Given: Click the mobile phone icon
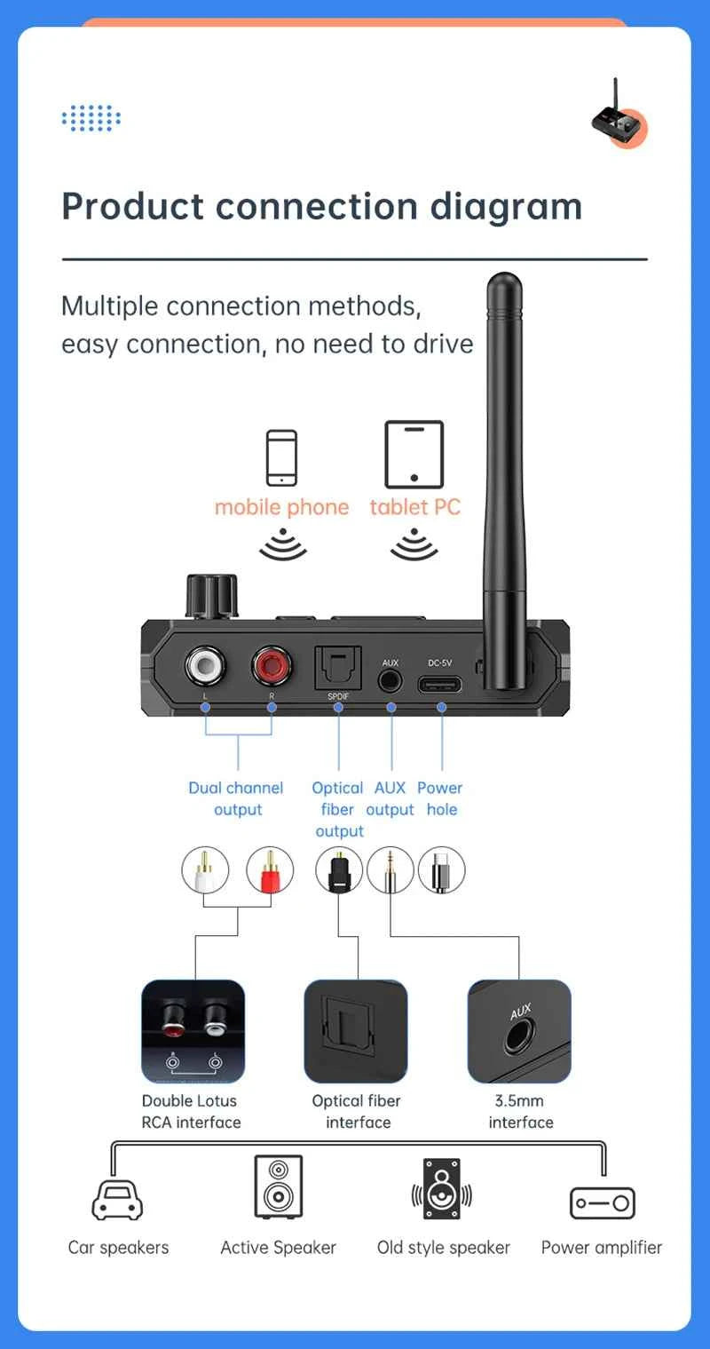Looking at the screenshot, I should click(282, 457).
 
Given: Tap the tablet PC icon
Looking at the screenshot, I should click(414, 455).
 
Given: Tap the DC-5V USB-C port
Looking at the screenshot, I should click(441, 684).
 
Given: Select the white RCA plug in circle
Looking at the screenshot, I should click(205, 870).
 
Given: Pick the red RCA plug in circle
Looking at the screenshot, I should click(271, 870).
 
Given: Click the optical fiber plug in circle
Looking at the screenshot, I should click(339, 870).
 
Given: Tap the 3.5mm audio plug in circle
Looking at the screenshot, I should click(390, 870).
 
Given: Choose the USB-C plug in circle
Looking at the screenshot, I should click(441, 870).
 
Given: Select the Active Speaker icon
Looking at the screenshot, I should click(278, 1186).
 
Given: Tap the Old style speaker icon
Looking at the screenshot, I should click(442, 1188).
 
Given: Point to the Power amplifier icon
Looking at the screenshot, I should click(602, 1202).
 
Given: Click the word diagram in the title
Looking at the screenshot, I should click(506, 206).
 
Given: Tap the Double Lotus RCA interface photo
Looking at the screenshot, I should click(193, 1031).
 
